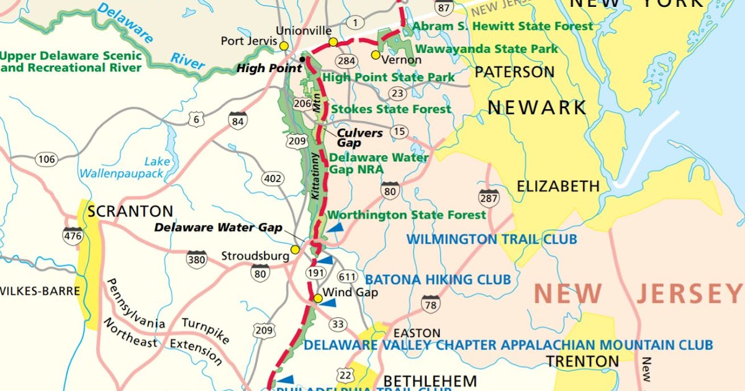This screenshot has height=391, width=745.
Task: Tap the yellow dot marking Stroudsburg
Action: pos(296,249)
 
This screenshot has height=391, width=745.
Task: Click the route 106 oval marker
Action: pos(47,160)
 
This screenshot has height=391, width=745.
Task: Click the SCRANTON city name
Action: pos(130,212)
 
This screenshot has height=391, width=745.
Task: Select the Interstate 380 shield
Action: pos(197,259)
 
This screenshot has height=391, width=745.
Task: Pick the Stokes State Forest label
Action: pos(391,109)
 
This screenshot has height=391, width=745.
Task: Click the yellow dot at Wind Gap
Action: pos(318,299)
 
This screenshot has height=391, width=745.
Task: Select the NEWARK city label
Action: pos(536,107)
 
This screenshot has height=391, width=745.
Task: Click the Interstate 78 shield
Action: pos(430,304)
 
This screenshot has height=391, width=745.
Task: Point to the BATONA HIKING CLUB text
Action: pos(438,280)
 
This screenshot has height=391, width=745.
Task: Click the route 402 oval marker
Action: pos(273,179)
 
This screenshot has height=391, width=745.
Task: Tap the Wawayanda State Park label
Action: pos(487,48)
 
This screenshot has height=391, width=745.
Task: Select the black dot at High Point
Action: pos(302,60)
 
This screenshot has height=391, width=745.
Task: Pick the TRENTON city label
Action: pos(582,361)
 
